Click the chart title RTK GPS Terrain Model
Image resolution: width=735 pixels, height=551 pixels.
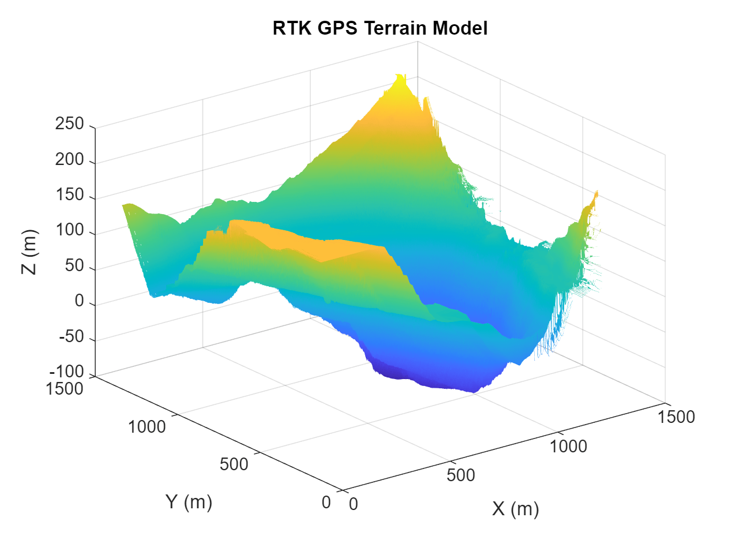click(380, 28)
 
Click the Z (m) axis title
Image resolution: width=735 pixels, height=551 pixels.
click(29, 252)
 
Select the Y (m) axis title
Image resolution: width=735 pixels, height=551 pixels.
click(189, 502)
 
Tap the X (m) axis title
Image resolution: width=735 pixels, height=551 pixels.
click(515, 509)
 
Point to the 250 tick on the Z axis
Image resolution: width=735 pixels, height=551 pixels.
click(70, 124)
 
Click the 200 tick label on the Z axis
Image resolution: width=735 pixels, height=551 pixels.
click(70, 160)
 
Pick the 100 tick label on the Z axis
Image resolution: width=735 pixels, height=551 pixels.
click(70, 231)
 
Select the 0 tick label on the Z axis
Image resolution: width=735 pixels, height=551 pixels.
click(80, 301)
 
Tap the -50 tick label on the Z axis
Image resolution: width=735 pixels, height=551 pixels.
click(72, 337)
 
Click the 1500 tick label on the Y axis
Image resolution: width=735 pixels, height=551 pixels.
click(65, 389)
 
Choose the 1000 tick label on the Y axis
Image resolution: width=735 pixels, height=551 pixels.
click(147, 427)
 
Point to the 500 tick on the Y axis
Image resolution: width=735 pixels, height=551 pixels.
click(234, 464)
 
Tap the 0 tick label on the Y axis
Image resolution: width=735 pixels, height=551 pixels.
click(327, 503)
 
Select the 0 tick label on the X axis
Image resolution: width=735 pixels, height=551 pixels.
click(354, 504)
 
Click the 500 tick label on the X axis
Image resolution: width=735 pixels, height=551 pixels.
click(460, 475)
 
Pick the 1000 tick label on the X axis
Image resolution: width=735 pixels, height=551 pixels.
click(568, 447)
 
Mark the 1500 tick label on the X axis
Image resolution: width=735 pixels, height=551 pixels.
click(676, 417)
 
